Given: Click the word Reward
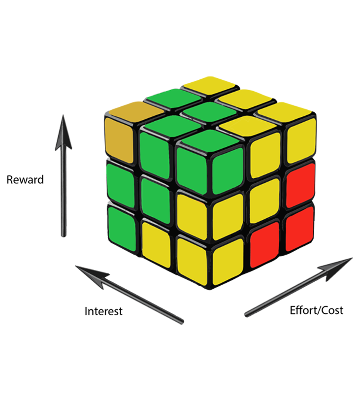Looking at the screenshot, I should pos(25,180).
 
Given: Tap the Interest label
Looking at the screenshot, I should pos(103,311).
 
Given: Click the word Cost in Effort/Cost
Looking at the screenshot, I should pos(333,310).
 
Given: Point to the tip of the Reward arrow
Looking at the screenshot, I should pos(63,117).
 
